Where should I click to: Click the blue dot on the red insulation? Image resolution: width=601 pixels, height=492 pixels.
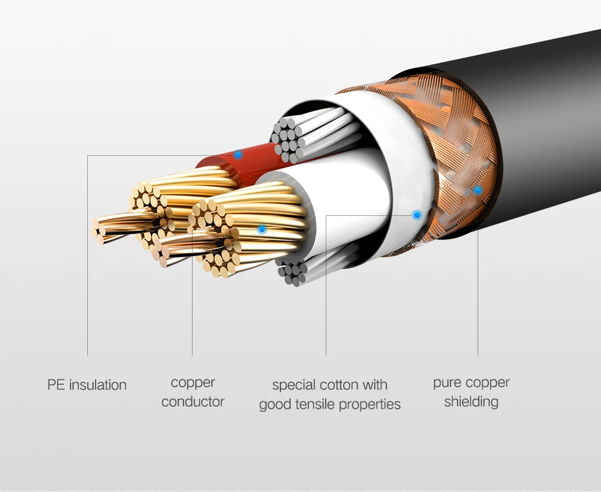238,155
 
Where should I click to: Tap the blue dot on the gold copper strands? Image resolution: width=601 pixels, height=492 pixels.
262,229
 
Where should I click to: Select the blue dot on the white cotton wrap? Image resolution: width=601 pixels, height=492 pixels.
417,214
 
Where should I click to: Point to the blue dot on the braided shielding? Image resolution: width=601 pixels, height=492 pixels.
477,190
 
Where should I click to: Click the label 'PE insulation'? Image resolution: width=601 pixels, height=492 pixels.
87,385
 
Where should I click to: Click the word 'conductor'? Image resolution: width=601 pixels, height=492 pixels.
193,402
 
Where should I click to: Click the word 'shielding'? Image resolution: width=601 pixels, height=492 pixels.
471,402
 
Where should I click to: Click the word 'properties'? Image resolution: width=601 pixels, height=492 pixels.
374,405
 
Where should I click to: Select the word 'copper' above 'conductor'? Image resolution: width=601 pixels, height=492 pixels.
193,383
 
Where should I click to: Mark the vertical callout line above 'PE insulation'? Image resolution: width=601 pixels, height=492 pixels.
87,259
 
